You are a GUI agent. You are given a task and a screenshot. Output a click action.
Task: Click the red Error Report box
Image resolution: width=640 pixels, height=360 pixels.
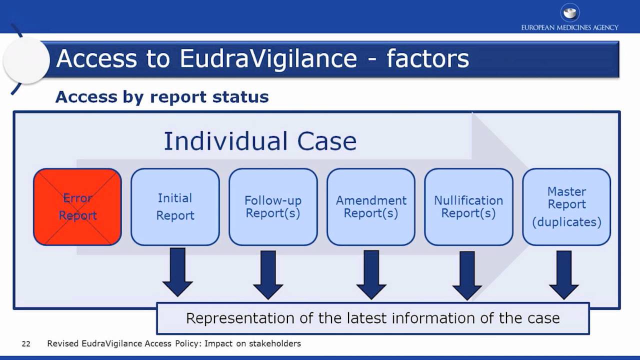(77, 207)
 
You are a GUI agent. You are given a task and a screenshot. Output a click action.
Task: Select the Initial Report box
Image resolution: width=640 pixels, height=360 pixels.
(175, 207)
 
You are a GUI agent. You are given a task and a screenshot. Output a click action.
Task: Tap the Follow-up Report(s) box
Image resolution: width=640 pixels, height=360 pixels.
(273, 207)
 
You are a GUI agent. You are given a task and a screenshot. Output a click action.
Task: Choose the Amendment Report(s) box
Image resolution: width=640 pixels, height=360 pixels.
(371, 207)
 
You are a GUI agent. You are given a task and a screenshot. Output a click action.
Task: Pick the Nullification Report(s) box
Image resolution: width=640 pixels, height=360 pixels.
(468, 207)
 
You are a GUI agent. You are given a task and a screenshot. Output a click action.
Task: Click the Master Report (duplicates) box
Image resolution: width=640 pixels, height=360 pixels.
(566, 207)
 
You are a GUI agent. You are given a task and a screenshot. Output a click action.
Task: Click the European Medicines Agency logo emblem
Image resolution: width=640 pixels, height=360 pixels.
(569, 12)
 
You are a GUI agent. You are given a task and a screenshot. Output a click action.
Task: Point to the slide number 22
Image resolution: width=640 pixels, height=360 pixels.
(26, 344)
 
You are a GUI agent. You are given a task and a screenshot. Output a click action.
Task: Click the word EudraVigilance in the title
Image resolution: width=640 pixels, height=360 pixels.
(268, 58)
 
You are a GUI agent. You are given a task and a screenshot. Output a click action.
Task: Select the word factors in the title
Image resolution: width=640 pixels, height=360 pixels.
(428, 58)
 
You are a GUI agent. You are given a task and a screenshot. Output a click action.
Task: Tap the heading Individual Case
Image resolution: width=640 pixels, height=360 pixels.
(260, 141)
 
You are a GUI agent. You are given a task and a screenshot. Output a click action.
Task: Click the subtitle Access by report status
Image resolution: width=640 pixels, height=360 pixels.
(162, 96)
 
